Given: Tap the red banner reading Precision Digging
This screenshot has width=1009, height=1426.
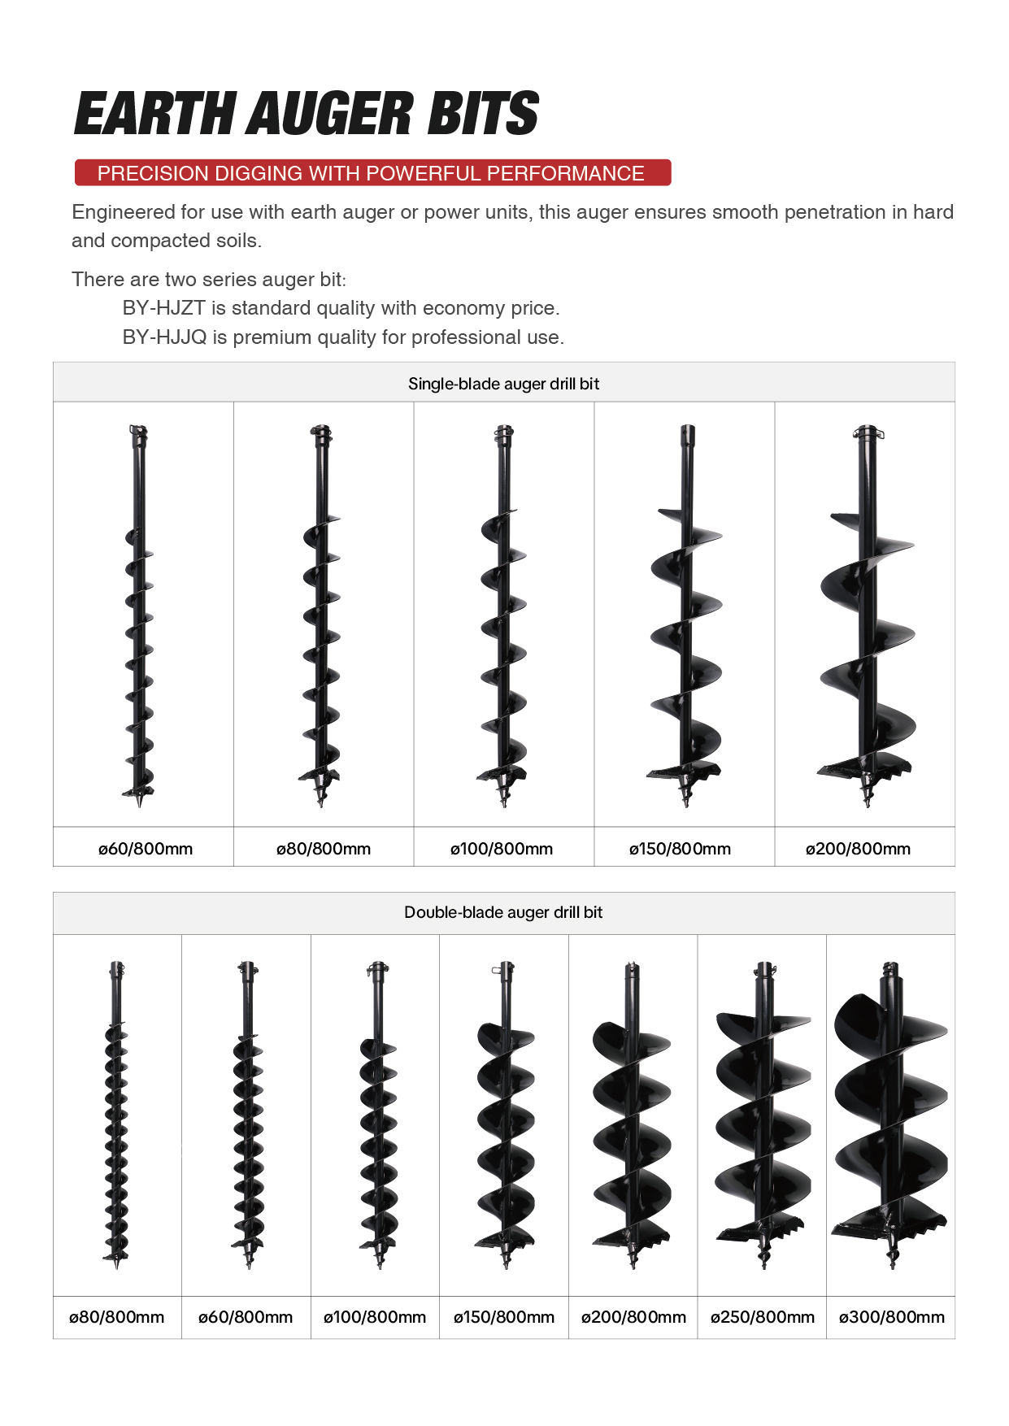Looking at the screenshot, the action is pyautogui.click(x=372, y=172).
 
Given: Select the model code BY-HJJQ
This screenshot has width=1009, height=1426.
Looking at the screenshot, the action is pyautogui.click(x=165, y=337).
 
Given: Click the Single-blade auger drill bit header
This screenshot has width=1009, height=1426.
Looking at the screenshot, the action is pyautogui.click(x=503, y=384).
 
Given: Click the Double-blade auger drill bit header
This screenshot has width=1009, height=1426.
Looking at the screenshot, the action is pyautogui.click(x=503, y=912).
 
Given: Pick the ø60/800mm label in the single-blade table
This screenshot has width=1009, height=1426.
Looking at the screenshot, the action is pyautogui.click(x=146, y=849).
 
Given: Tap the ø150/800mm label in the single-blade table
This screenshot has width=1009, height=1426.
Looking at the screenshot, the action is pyautogui.click(x=680, y=849).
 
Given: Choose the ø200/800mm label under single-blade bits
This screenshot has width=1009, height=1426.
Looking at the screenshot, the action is pyautogui.click(x=858, y=849).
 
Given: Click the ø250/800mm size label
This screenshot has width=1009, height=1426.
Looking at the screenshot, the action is pyautogui.click(x=762, y=1317).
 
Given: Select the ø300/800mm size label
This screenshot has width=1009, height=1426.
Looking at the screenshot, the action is pyautogui.click(x=891, y=1317).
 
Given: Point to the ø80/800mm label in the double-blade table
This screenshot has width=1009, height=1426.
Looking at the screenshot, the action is pyautogui.click(x=116, y=1317).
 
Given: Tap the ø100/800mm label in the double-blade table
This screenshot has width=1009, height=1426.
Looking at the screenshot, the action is pyautogui.click(x=375, y=1317).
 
